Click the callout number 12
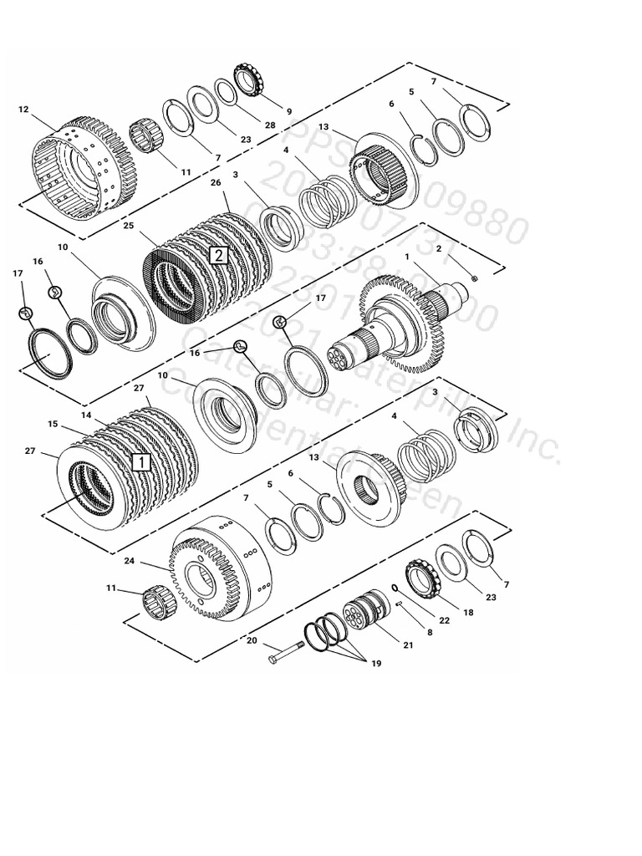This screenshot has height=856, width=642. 23,109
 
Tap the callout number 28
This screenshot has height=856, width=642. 246,125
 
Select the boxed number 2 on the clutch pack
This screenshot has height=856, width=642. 217,255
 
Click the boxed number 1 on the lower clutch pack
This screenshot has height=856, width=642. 141,461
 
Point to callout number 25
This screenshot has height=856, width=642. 128,226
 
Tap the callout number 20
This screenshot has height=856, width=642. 252,642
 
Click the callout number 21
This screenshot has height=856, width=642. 408,645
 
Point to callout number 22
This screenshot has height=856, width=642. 444,619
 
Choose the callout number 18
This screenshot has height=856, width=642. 468,612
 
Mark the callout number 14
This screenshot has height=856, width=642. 86,415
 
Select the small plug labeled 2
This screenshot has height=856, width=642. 475,278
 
